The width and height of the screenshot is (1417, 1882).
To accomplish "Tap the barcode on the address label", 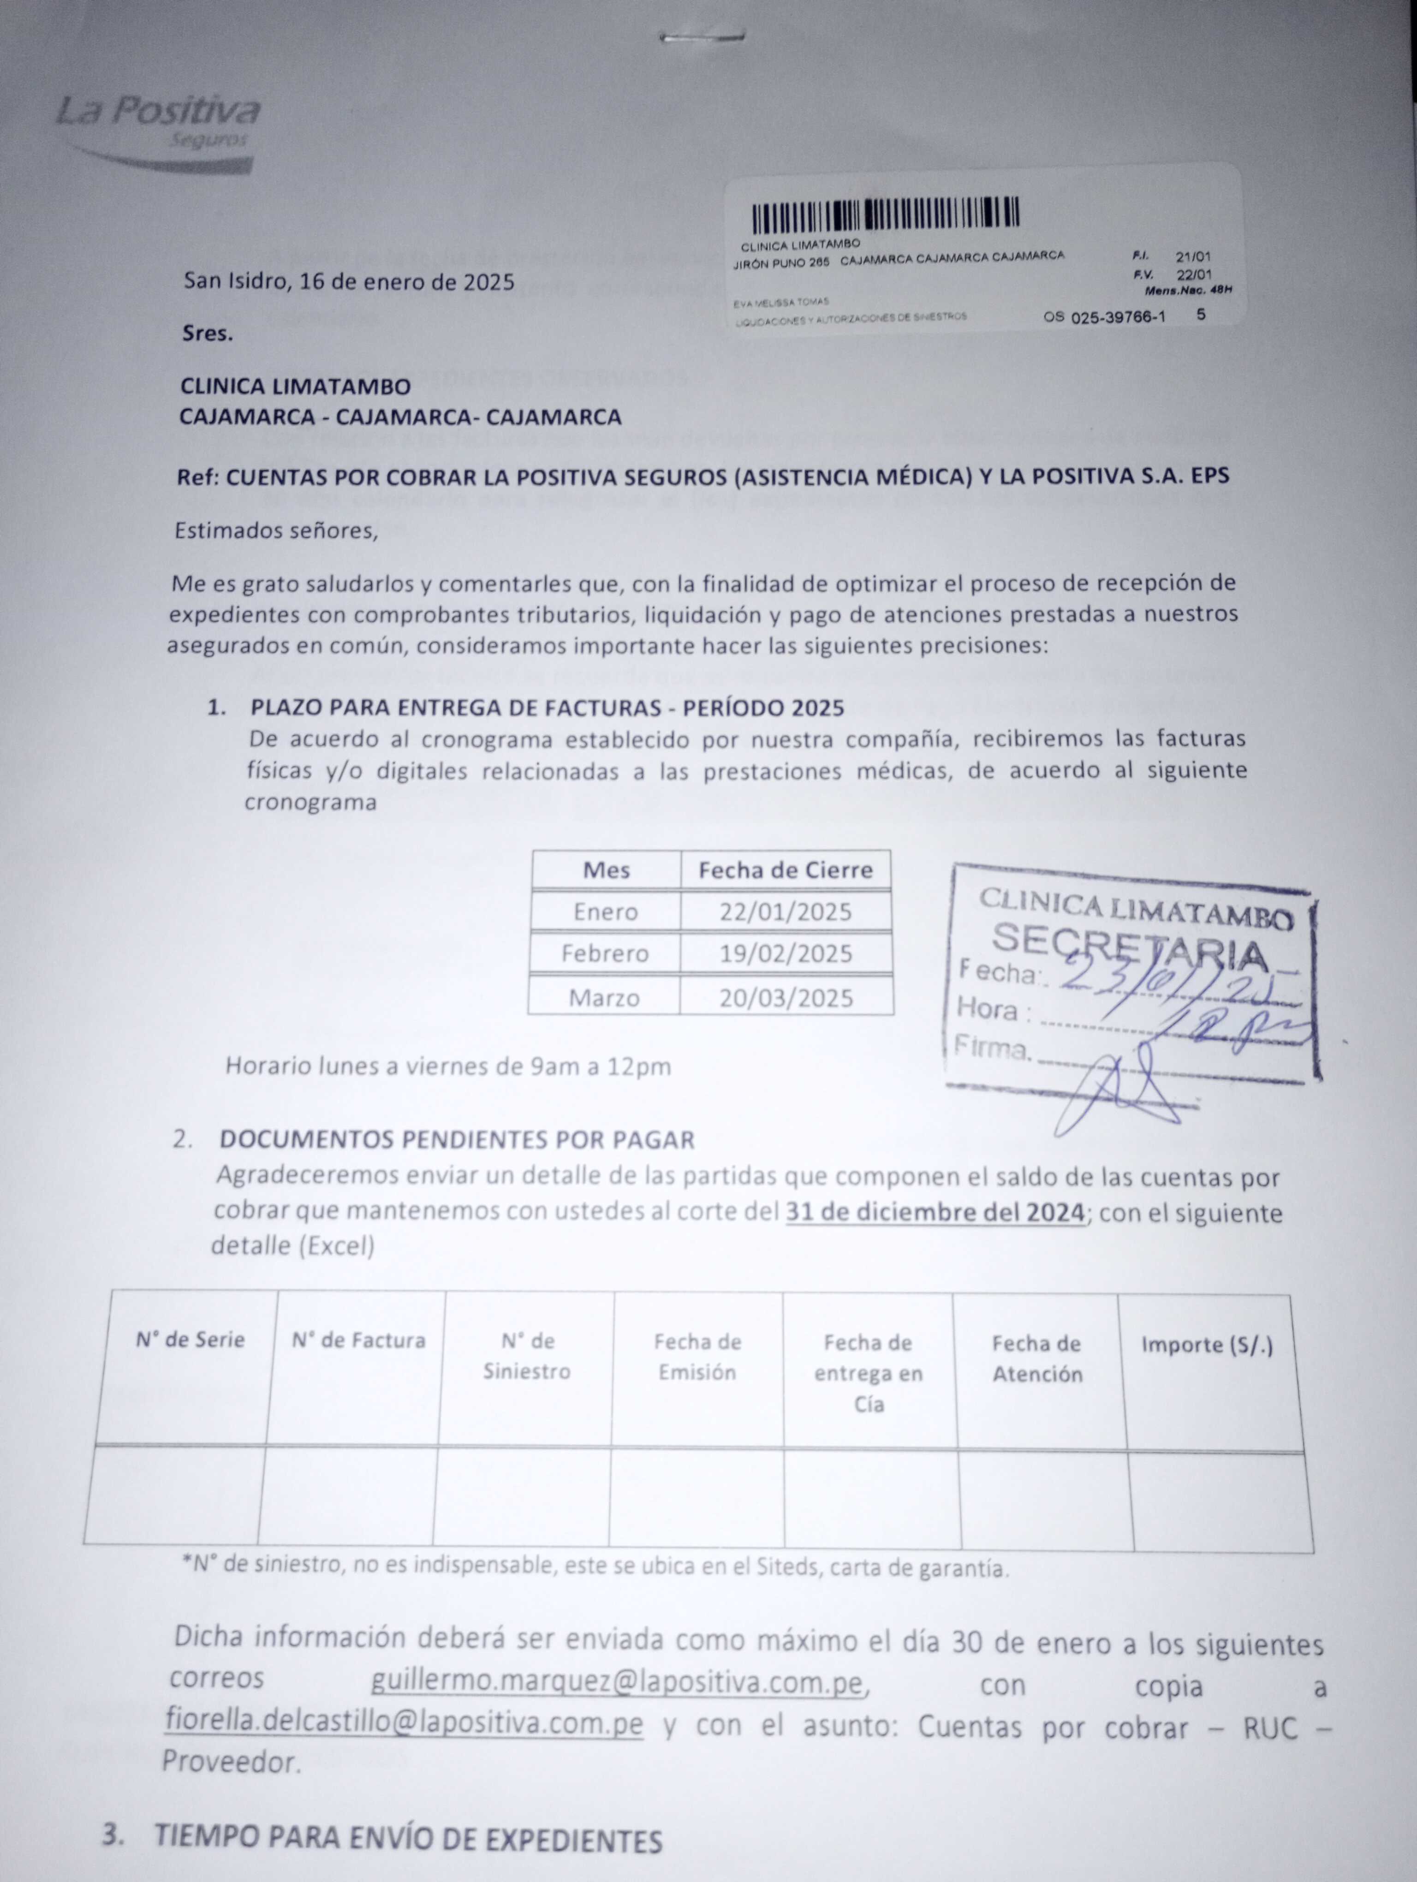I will pyautogui.click(x=886, y=215).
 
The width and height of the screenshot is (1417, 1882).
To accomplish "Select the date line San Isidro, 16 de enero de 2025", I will pyautogui.click(x=349, y=282).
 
